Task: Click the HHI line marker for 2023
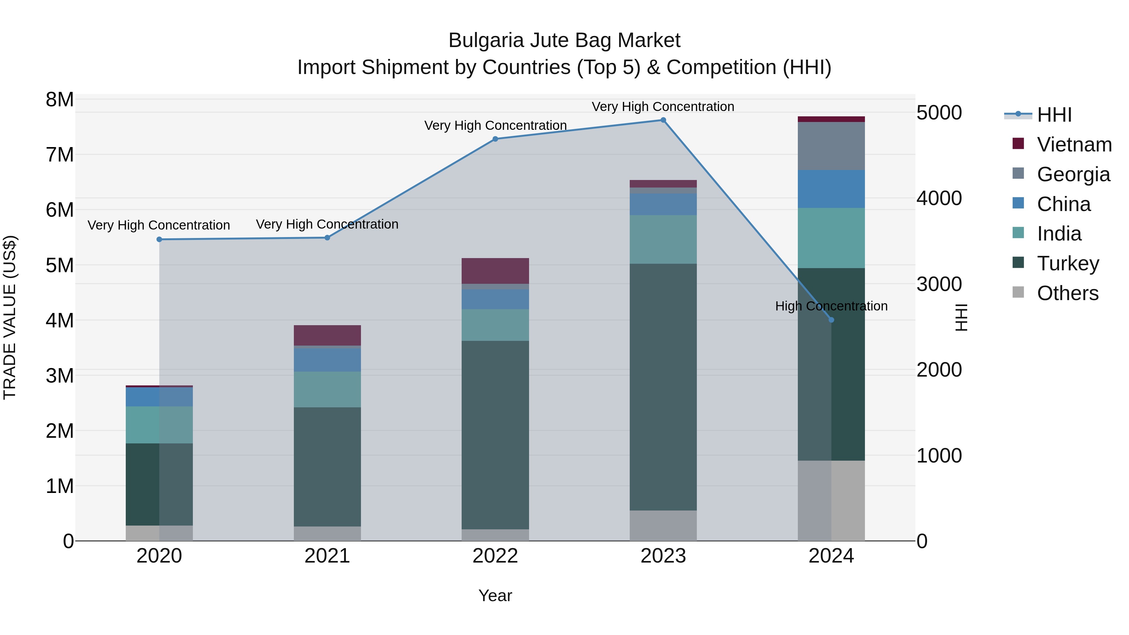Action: (x=663, y=120)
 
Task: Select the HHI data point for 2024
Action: (x=831, y=320)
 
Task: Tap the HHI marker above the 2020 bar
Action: (x=159, y=239)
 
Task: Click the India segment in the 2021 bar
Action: (x=327, y=389)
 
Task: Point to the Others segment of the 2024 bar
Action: (x=831, y=500)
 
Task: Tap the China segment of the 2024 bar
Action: (x=831, y=189)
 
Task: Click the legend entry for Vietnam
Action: (x=1074, y=145)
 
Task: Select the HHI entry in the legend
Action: (x=1054, y=115)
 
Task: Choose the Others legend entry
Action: (x=1067, y=293)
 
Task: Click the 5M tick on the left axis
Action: (x=60, y=265)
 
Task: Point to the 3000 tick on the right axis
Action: (x=939, y=284)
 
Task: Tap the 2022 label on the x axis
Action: (x=495, y=556)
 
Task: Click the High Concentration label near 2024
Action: (x=831, y=306)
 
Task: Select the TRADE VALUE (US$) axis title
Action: (x=10, y=317)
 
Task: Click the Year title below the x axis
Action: (x=495, y=595)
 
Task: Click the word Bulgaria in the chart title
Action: (x=486, y=41)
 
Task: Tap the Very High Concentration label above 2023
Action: (x=663, y=107)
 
